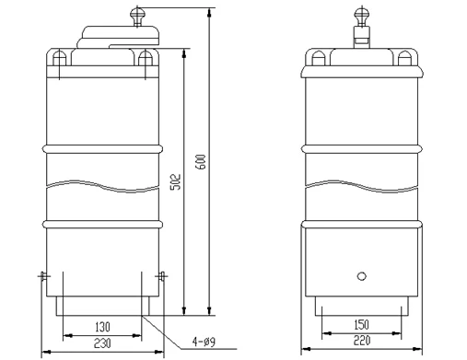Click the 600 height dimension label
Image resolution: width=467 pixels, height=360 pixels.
[202, 162]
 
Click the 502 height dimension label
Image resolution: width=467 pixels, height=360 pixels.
[176, 182]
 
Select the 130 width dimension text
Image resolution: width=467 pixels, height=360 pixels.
[102, 327]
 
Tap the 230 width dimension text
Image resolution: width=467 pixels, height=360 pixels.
[102, 343]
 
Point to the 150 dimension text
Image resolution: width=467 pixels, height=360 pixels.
[362, 324]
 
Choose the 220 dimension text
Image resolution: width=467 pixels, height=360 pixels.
[362, 341]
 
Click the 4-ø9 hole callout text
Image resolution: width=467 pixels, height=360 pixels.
[204, 342]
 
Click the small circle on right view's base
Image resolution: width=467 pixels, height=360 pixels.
[362, 276]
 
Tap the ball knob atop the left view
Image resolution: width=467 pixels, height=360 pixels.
[137, 14]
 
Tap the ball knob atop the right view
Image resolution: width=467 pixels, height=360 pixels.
[362, 14]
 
